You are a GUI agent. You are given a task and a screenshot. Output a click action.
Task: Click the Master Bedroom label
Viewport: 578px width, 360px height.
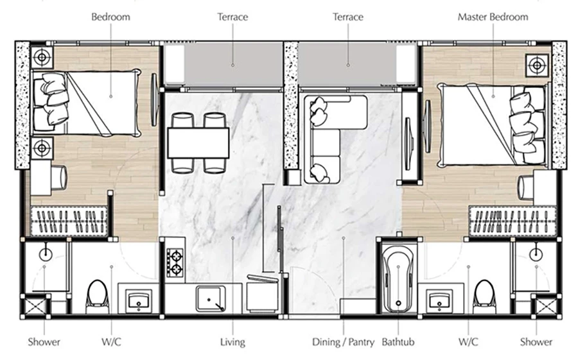coord(493,17)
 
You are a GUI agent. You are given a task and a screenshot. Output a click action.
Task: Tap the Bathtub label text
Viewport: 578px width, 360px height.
coord(398,342)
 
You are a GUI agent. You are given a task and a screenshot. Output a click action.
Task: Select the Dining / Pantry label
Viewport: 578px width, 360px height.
coord(343,342)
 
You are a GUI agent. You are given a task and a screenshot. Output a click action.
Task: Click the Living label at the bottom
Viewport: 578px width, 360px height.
coord(232,342)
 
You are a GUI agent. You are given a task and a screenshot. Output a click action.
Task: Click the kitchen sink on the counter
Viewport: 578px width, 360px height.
coord(211,299)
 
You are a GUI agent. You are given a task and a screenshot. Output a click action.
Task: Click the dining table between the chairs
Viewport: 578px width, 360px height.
coord(198,143)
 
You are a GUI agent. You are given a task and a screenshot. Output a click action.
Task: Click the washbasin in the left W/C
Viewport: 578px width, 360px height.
coord(139,300)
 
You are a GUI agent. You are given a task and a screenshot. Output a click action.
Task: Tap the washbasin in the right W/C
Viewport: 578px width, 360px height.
coord(439,300)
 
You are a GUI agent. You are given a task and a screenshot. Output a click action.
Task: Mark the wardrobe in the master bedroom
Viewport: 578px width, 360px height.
coord(512,221)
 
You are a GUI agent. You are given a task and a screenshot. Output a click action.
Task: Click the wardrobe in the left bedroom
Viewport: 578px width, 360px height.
coord(69,221)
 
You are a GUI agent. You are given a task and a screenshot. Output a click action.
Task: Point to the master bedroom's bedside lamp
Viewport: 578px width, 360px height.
coord(537,65)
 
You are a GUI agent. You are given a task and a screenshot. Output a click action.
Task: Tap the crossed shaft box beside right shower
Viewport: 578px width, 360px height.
coord(546,307)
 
